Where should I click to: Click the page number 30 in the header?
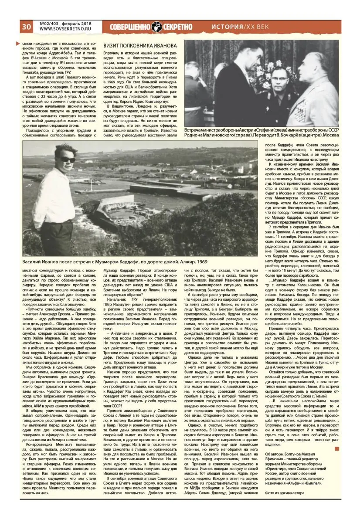(x=25, y=27)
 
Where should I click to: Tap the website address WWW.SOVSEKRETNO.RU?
(x=63, y=30)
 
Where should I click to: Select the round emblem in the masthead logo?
(x=157, y=27)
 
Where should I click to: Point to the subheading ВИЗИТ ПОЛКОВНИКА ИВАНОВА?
(x=139, y=46)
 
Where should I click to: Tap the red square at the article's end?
(x=336, y=448)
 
